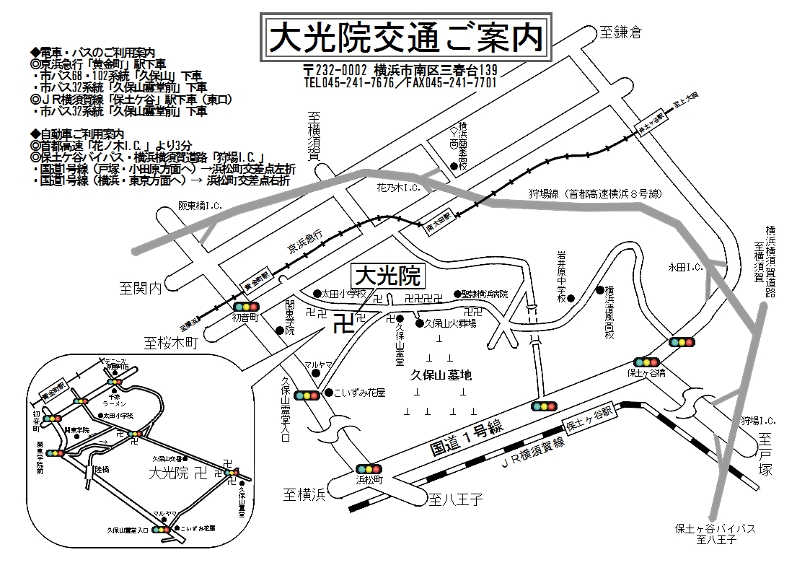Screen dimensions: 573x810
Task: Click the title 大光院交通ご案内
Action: pos(405,37)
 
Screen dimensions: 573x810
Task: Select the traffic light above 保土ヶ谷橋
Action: pos(647,362)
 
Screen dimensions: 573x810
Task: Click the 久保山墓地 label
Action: pos(440,375)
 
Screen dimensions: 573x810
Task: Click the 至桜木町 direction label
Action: pos(170,343)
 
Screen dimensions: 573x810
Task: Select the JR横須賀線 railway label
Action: pos(532,456)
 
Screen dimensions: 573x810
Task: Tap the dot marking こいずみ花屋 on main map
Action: pos(328,393)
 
